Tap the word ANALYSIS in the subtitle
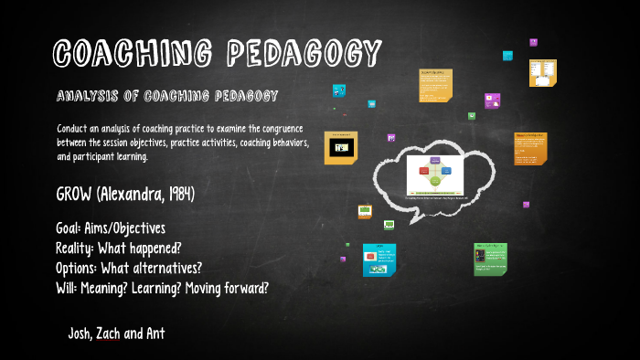(x=88, y=96)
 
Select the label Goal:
(x=72, y=228)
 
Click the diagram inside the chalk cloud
(x=429, y=175)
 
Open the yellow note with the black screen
(x=341, y=147)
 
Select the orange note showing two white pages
(x=542, y=73)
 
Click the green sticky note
(x=490, y=259)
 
